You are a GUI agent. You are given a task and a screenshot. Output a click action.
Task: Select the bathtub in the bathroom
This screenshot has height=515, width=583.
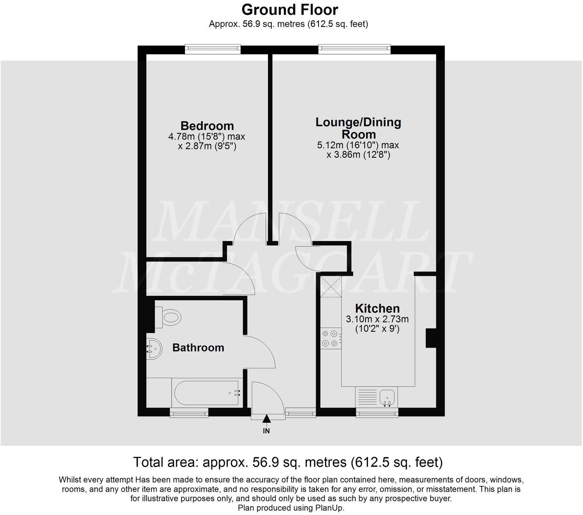pos(206,393)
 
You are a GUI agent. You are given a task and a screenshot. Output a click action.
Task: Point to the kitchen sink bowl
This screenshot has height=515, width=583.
pos(387,397)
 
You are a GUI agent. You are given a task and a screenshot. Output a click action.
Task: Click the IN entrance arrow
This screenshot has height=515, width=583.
pos(267,420)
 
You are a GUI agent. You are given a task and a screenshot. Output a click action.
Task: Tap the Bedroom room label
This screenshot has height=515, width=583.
pos(207,126)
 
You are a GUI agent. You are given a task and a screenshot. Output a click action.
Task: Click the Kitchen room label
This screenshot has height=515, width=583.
pos(377,308)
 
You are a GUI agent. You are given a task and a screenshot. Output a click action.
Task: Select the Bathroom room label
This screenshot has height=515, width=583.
pos(198,347)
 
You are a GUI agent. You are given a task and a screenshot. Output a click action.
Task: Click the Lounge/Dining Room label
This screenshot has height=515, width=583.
pos(358,128)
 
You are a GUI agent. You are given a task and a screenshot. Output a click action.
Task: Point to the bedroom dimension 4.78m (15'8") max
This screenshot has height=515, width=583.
pos(207,137)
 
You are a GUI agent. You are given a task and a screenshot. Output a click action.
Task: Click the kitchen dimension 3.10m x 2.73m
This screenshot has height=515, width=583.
pos(377,319)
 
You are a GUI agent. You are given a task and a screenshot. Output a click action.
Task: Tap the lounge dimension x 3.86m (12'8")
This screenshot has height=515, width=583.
pos(358,155)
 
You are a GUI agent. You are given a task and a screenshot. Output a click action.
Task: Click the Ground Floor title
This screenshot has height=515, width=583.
pos(290,9)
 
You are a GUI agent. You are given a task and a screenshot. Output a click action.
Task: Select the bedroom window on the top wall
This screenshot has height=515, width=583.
pos(212,49)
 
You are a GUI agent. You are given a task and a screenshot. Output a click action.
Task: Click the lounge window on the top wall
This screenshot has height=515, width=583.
pos(354,49)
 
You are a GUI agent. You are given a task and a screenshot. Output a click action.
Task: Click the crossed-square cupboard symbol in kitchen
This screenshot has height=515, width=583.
pos(331,286)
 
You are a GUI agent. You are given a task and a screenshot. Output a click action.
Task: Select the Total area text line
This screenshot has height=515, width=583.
pos(288,462)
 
